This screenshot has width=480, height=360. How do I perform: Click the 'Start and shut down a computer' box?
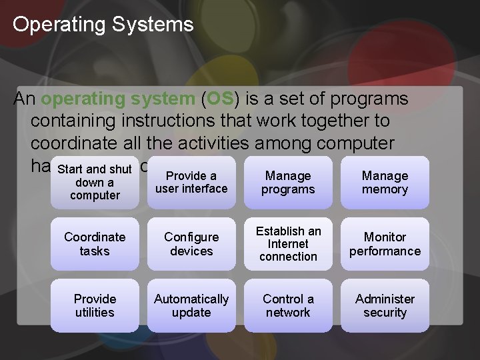point(95,183)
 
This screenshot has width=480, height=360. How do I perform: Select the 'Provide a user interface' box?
point(191,183)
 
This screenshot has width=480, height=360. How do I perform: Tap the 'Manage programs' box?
point(288,183)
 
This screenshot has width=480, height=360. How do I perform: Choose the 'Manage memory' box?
point(385,183)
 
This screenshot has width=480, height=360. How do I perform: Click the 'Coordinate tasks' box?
point(95,244)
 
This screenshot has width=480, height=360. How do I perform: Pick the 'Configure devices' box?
point(191,244)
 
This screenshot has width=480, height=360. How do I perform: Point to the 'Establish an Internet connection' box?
point(288,244)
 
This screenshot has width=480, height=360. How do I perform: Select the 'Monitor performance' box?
point(385,244)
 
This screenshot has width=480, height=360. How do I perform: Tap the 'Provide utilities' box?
point(95,305)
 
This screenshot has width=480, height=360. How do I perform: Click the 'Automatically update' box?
point(191,305)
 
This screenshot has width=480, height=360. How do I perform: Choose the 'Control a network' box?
point(288,305)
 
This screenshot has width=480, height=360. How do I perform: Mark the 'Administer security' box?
point(385,305)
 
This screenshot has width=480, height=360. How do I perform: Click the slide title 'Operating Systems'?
point(103,25)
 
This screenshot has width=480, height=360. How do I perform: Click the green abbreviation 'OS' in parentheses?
point(219,99)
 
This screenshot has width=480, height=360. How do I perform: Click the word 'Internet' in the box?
point(288,244)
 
